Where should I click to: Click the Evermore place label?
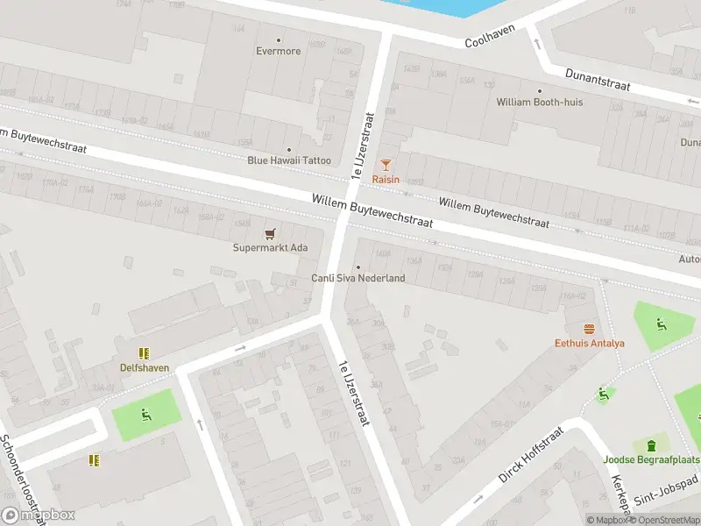(x=280, y=51)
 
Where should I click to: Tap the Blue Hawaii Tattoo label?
(x=289, y=160)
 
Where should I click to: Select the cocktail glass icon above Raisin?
(x=386, y=165)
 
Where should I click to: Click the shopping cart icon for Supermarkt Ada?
(x=271, y=233)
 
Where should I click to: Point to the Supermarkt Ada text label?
(x=271, y=247)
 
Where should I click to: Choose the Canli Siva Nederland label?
(x=358, y=278)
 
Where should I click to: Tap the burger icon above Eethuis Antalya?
(x=589, y=330)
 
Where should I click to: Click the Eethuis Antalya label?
(x=589, y=343)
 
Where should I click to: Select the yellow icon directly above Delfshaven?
(x=145, y=353)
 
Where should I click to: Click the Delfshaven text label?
(x=145, y=367)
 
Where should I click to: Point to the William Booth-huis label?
(x=539, y=102)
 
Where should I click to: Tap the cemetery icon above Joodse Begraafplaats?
(x=651, y=445)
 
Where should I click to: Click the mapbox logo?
(x=38, y=515)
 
